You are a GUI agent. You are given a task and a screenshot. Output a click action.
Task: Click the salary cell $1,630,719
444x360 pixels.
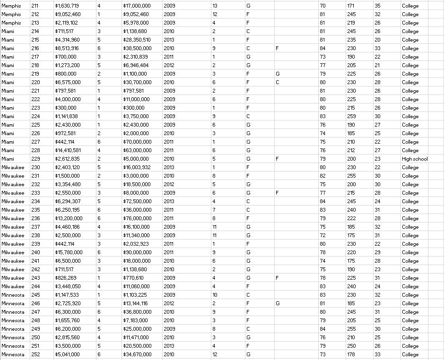click(67, 6)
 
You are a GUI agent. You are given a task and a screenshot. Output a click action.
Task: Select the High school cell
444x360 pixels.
click(415, 159)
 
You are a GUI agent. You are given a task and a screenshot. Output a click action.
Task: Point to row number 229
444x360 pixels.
click(35, 159)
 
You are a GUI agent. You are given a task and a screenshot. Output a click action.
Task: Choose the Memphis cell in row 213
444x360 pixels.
click(11, 23)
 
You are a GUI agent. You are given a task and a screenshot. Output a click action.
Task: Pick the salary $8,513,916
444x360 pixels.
click(67, 48)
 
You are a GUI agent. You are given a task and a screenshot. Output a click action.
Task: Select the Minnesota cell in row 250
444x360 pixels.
click(14, 337)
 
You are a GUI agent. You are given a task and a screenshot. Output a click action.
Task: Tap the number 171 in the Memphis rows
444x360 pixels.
click(350, 6)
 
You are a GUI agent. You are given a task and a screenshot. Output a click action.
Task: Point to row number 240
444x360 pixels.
click(35, 252)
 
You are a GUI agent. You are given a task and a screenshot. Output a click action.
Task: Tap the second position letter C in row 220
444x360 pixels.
click(278, 82)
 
